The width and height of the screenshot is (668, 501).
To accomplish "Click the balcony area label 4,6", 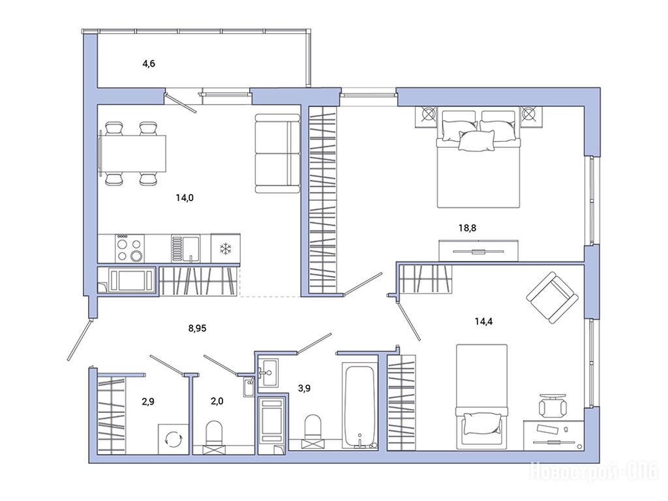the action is [149, 64].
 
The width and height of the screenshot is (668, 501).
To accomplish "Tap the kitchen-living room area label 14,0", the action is [185, 198].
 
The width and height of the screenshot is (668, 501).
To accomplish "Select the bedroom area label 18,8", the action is [467, 228].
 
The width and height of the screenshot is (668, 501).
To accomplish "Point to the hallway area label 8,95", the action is [197, 328].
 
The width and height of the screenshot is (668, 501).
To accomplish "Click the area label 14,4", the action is [483, 321].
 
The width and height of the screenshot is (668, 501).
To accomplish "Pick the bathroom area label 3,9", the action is [304, 388].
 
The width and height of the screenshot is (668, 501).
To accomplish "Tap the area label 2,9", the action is [147, 401].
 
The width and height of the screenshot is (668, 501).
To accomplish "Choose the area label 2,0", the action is [217, 401].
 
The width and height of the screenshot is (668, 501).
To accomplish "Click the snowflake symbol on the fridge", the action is [225, 249].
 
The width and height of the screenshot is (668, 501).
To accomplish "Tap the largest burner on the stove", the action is [136, 256].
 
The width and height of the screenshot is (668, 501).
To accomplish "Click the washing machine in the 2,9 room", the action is [173, 439].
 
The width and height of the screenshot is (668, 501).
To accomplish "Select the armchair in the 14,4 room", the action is [553, 297].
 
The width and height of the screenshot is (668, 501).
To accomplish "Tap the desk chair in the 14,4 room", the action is [553, 405].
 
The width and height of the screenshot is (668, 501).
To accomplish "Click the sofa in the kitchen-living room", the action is [278, 153].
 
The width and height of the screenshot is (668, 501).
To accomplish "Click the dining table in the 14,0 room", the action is [132, 154].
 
